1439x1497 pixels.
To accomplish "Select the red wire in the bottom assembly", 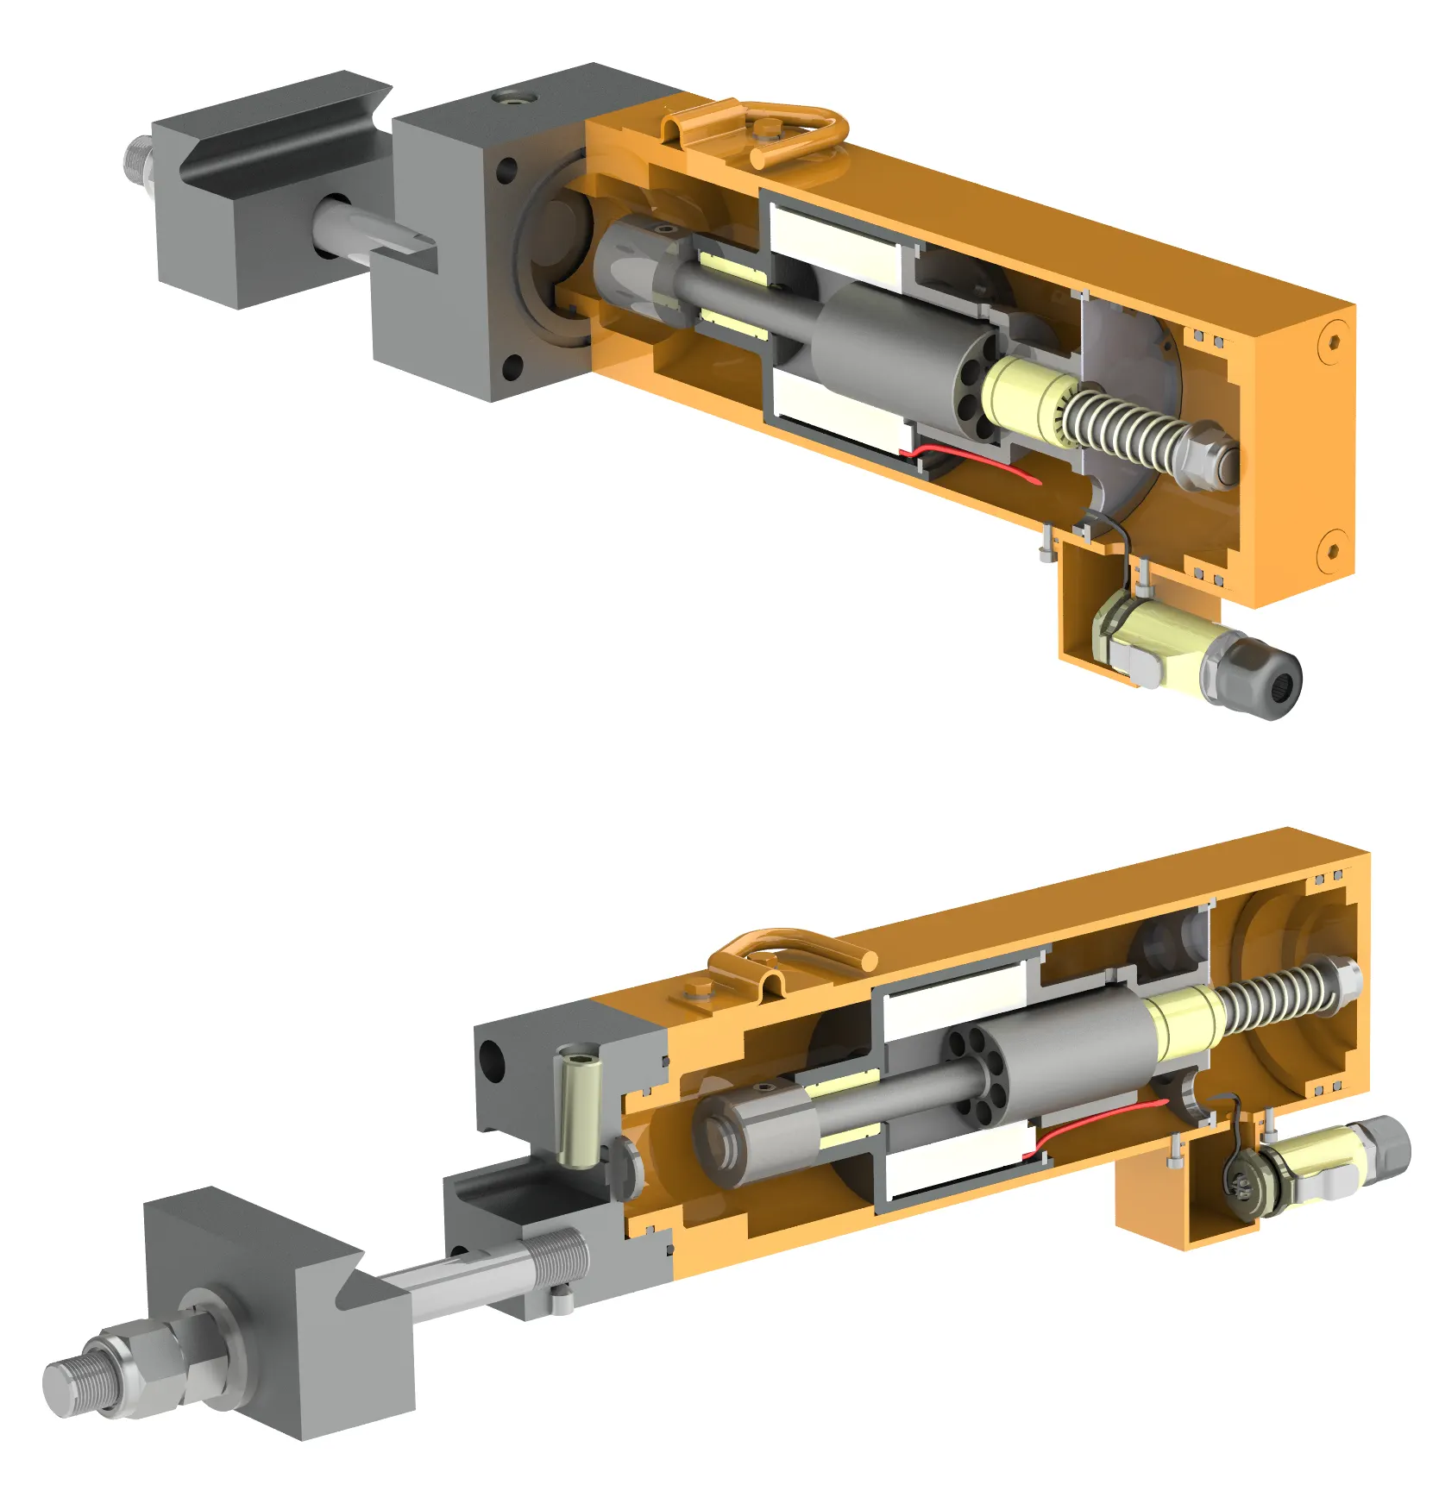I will (x=1096, y=1121).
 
